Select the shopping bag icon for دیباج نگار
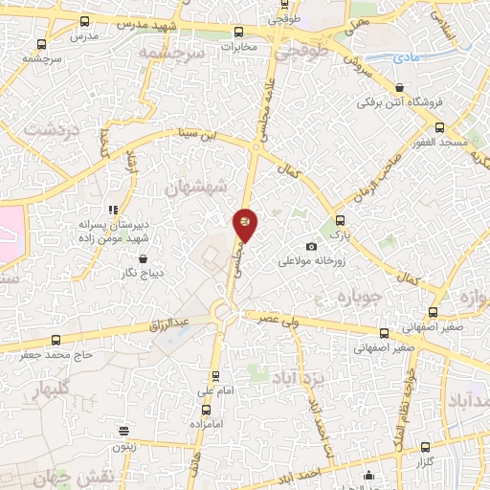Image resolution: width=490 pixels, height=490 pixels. click(x=143, y=258)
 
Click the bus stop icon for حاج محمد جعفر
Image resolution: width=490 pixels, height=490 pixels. click(x=55, y=340)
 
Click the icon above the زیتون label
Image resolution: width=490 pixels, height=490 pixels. click(x=122, y=432)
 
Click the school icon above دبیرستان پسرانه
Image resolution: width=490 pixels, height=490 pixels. click(x=114, y=209)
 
